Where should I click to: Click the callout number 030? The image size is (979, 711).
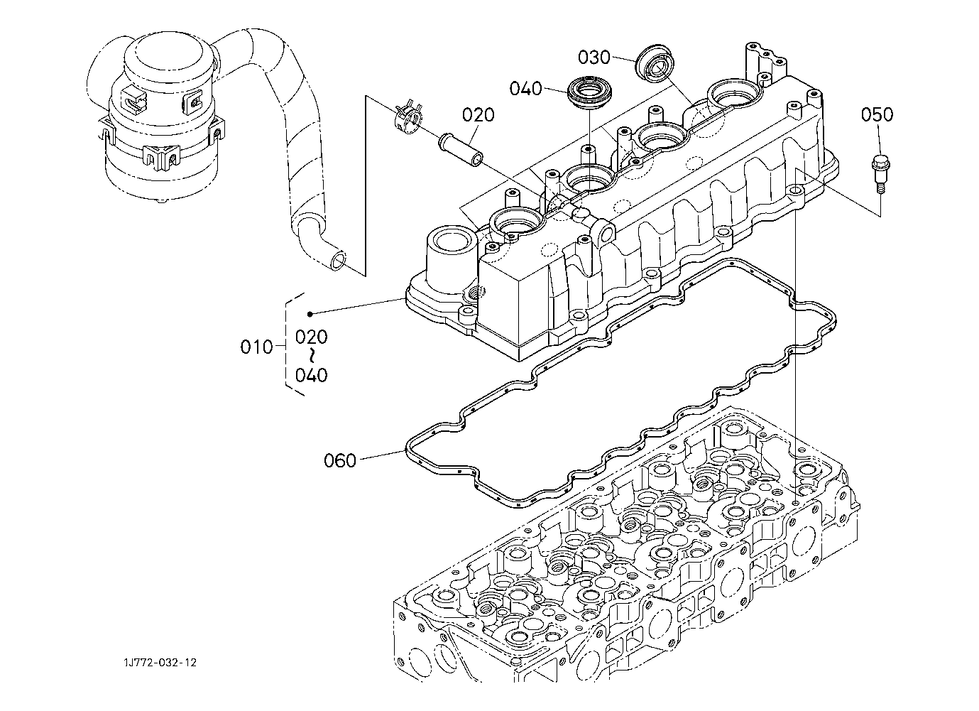pyautogui.click(x=594, y=57)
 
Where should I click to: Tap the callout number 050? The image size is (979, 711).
pyautogui.click(x=877, y=114)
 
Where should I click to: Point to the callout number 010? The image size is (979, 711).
pyautogui.click(x=256, y=347)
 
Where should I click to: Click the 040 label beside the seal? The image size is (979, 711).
pyautogui.click(x=525, y=89)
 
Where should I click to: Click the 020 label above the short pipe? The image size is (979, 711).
pyautogui.click(x=478, y=115)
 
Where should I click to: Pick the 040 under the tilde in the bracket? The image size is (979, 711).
pyautogui.click(x=312, y=374)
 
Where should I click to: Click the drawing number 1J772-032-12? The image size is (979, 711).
pyautogui.click(x=158, y=663)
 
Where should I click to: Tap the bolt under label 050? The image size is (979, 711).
pyautogui.click(x=879, y=171)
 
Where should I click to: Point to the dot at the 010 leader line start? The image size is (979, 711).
pyautogui.click(x=310, y=314)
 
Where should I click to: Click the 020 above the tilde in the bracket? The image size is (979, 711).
pyautogui.click(x=312, y=336)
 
